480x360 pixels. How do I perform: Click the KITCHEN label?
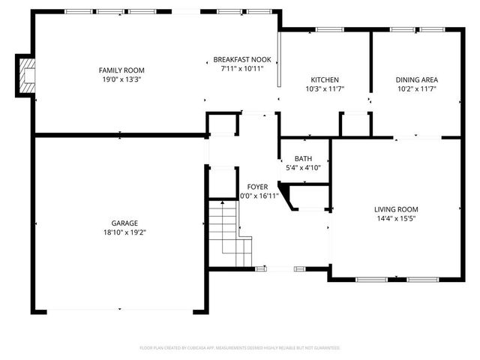[x=325, y=79]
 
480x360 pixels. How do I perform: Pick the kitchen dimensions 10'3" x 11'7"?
[x=325, y=88]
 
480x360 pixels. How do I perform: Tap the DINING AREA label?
[x=417, y=79]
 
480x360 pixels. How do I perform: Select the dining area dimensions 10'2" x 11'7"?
[x=417, y=88]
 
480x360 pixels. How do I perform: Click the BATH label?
[x=303, y=158]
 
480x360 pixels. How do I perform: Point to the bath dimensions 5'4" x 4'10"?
[x=303, y=167]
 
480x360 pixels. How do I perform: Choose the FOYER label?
[x=258, y=187]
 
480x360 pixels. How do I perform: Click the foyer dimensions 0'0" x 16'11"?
[x=258, y=196]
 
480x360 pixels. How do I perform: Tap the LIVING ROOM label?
[x=397, y=209]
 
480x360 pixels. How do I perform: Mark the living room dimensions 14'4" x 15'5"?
[x=397, y=218]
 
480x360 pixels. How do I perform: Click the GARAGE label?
[x=124, y=223]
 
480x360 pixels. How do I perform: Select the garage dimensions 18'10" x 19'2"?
[x=124, y=232]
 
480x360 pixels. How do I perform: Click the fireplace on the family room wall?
[x=26, y=76]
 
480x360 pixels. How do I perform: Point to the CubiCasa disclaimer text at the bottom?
[x=240, y=348]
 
